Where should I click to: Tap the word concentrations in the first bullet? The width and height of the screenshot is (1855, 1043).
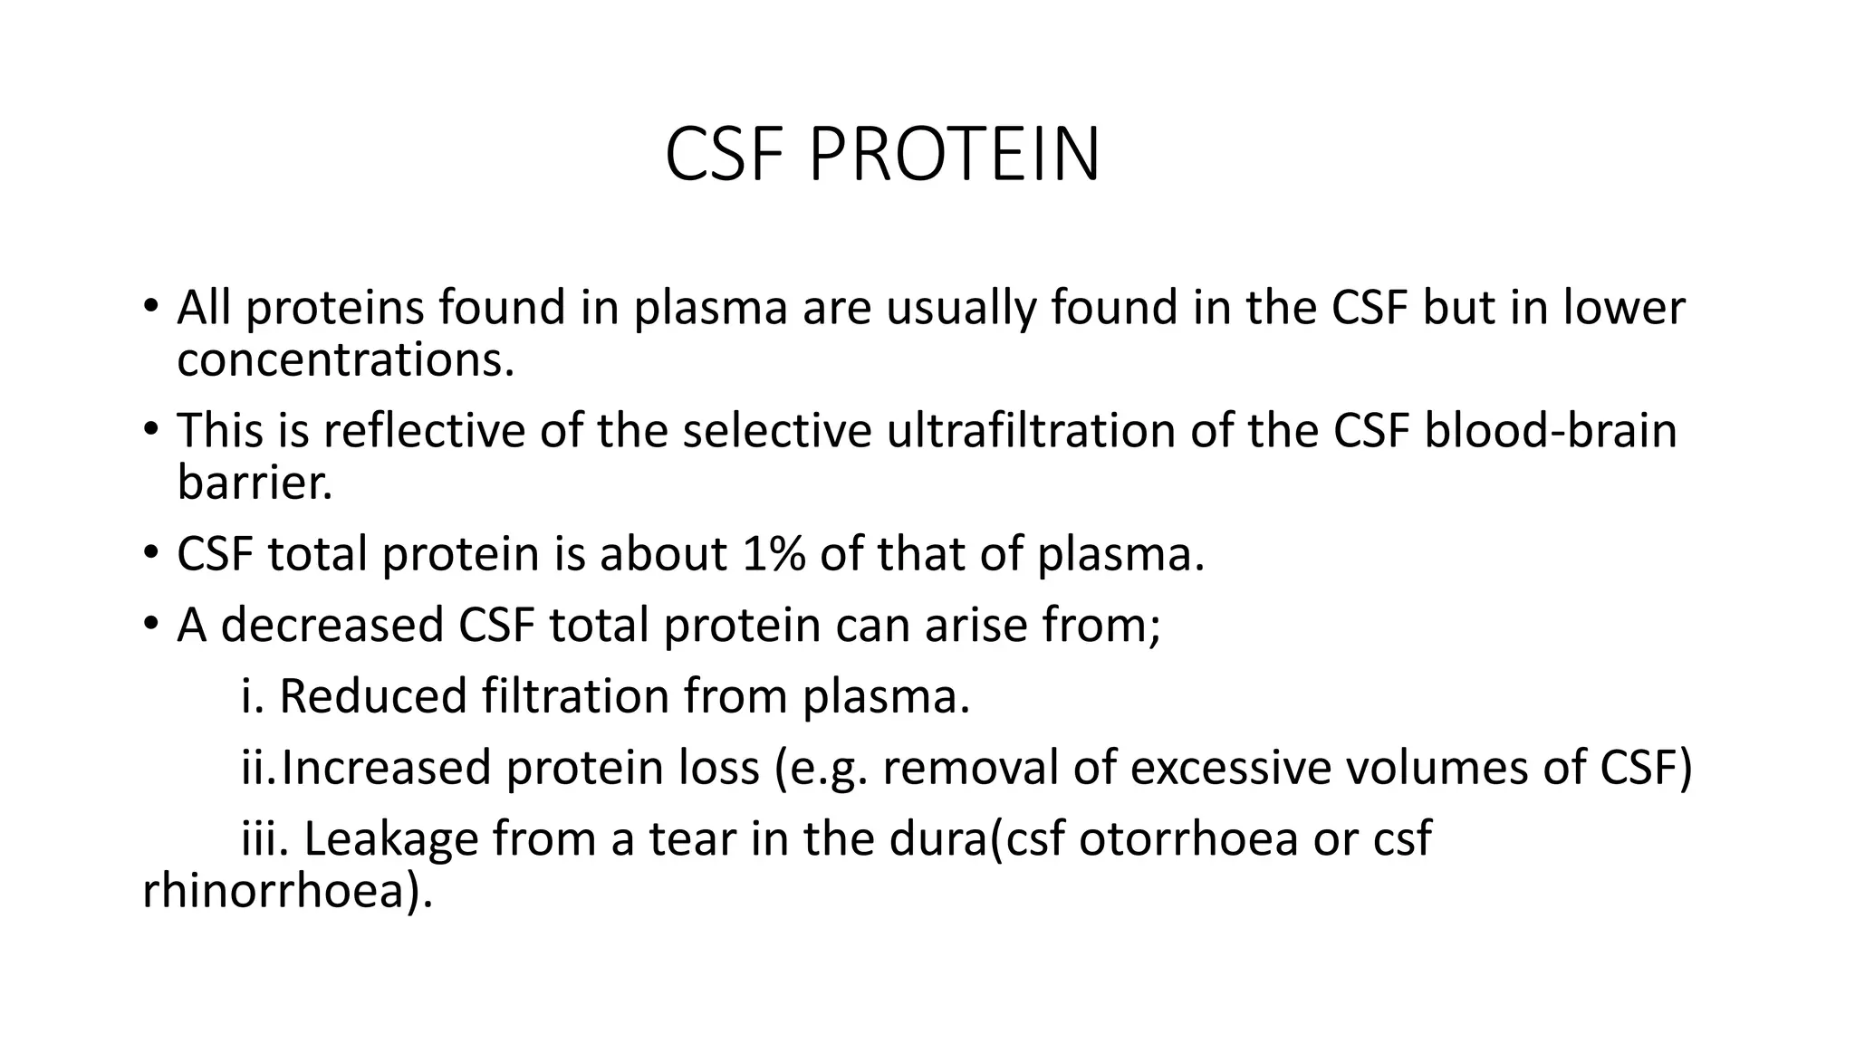pos(345,359)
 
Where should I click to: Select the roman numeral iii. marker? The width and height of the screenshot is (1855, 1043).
pos(264,838)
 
